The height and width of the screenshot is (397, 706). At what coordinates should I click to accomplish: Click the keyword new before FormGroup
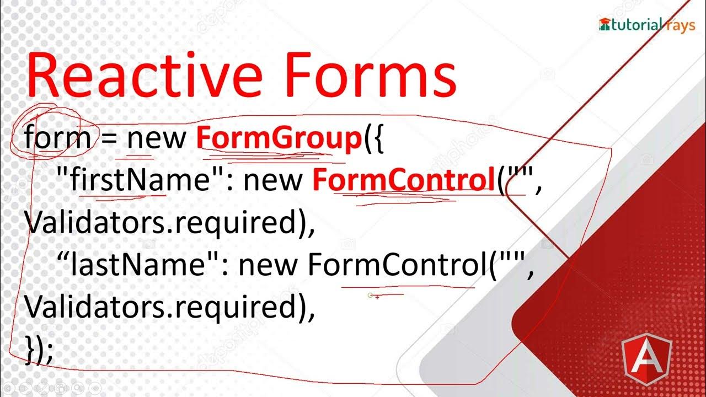tap(157, 138)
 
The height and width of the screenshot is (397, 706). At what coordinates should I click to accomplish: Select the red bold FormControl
tap(403, 180)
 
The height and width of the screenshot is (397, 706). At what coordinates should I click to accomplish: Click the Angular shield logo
tap(646, 357)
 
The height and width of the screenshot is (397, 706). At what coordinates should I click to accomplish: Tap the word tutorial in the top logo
tap(637, 25)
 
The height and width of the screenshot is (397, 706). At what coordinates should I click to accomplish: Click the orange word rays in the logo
tap(680, 25)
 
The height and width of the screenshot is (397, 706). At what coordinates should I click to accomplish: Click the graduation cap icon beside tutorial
tap(605, 24)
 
